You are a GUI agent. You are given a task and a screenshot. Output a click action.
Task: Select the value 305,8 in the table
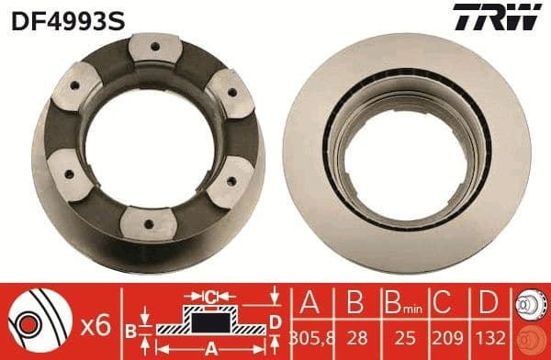pyautogui.click(x=310, y=338)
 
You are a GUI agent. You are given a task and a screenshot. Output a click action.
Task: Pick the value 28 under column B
pyautogui.click(x=353, y=338)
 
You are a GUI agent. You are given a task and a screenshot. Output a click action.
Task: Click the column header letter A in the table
pyautogui.click(x=310, y=303)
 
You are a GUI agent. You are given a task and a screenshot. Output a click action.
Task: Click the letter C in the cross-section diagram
pyautogui.click(x=209, y=296)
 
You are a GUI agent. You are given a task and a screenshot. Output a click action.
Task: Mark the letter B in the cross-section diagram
pyautogui.click(x=131, y=329)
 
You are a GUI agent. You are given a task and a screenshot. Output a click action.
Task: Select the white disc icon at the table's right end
pyautogui.click(x=527, y=304)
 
